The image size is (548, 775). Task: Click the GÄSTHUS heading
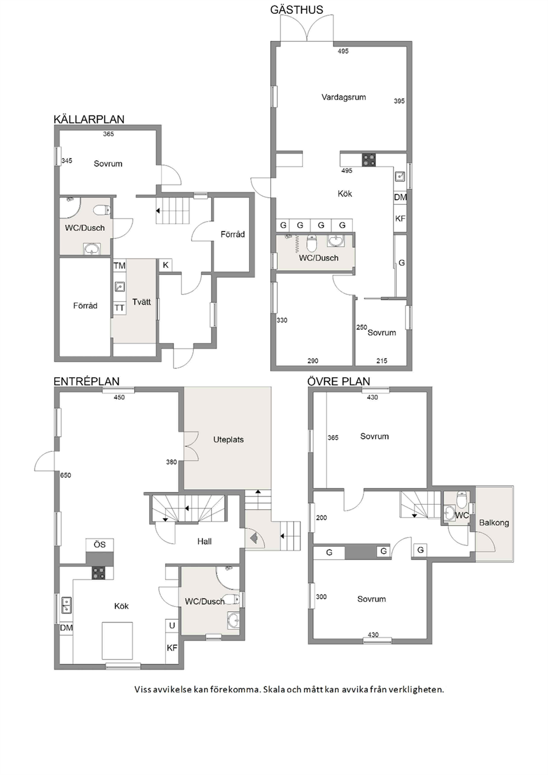coord(297,10)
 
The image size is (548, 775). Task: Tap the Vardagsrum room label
coord(344,97)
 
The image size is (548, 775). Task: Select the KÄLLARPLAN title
coord(89,119)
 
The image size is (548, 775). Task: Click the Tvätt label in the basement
coord(141,302)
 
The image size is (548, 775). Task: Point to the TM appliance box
coord(119,266)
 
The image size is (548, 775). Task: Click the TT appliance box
coord(119,308)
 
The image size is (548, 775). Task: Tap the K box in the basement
coord(165,265)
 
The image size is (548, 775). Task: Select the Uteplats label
coord(228,440)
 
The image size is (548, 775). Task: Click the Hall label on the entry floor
coord(204,541)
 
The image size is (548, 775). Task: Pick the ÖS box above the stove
coord(99,545)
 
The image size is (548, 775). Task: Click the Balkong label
coord(494,523)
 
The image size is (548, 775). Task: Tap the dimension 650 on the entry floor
coord(65,476)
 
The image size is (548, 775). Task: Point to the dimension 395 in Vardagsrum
coord(399,101)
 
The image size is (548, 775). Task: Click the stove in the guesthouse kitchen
coord(369,160)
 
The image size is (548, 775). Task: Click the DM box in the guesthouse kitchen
coord(401,198)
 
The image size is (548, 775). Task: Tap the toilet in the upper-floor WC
coord(461,499)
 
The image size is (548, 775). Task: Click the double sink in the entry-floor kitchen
coord(66,605)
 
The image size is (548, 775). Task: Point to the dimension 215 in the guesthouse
coord(382,361)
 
